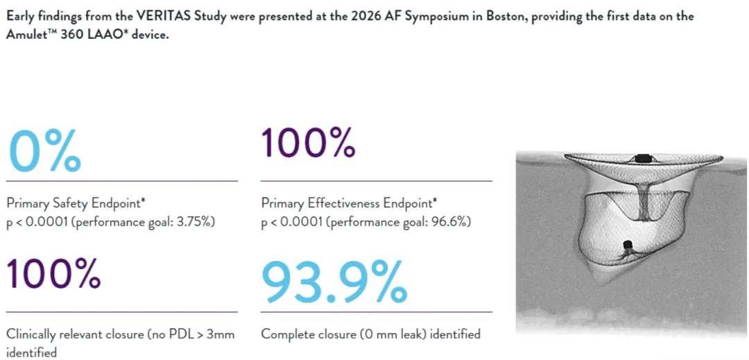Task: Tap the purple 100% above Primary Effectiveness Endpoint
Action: pyautogui.click(x=308, y=142)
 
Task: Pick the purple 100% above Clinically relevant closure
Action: pyautogui.click(x=54, y=273)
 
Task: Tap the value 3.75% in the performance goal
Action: pyautogui.click(x=197, y=223)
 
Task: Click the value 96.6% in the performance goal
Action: pyautogui.click(x=451, y=223)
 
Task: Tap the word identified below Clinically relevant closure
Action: pyautogui.click(x=31, y=353)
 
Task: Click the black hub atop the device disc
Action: pyautogui.click(x=642, y=157)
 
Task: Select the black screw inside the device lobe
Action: pyautogui.click(x=628, y=246)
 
